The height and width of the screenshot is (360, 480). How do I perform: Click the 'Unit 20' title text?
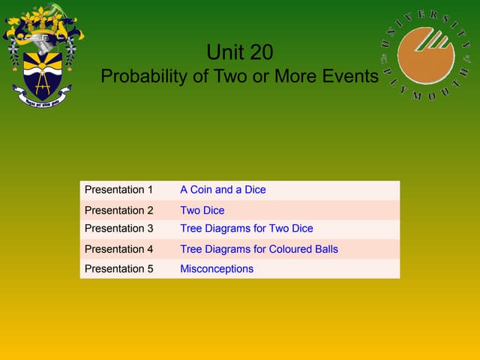(x=239, y=52)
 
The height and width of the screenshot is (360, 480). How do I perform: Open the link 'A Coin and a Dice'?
(x=223, y=190)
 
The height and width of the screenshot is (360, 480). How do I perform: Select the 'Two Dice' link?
(x=202, y=210)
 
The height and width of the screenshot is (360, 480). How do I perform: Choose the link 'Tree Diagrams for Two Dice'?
(x=246, y=229)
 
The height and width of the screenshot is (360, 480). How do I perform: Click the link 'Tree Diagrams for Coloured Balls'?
(x=259, y=249)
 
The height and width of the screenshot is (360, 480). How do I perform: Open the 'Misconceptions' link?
(x=217, y=268)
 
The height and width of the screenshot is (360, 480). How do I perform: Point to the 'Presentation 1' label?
(x=118, y=190)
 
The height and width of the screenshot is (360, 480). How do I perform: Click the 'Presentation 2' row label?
(x=118, y=210)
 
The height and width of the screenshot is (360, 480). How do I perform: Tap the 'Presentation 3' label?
(x=118, y=229)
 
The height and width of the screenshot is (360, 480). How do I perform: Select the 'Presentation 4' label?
(x=118, y=249)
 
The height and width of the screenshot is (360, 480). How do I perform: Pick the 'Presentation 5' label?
(x=118, y=268)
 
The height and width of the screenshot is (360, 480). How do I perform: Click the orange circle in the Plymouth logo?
(x=426, y=55)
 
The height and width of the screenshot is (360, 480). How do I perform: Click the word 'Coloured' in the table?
(x=294, y=249)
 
